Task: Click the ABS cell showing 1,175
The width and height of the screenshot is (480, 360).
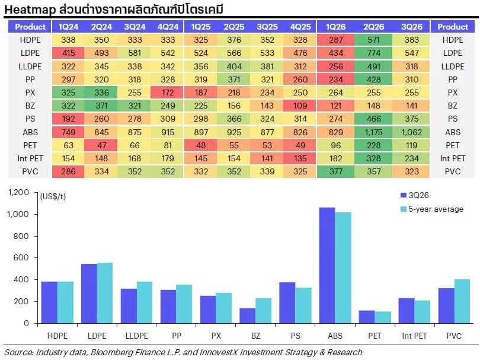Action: (373, 132)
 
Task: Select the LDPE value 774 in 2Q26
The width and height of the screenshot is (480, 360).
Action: (373, 53)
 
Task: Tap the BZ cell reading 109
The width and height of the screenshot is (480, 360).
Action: (300, 106)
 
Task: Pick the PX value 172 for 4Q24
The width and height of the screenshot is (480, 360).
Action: (168, 93)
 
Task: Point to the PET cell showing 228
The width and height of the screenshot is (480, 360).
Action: (373, 145)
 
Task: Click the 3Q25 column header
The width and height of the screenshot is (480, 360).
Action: (267, 27)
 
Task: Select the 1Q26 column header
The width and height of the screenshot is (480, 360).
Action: (335, 27)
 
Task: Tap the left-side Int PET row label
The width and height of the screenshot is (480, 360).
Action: (30, 158)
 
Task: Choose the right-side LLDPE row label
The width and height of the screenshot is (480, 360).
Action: (453, 66)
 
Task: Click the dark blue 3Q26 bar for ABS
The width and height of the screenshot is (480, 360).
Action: (327, 265)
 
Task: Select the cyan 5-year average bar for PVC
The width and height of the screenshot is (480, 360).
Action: (462, 301)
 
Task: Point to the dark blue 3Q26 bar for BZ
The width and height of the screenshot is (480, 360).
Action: (247, 316)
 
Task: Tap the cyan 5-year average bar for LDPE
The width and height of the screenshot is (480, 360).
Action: (105, 293)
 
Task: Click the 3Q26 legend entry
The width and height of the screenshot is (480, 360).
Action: (414, 195)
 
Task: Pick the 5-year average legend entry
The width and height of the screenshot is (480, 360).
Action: (432, 209)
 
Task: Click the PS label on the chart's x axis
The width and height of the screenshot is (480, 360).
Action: (296, 336)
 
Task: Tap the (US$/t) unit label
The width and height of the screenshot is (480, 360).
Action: (53, 196)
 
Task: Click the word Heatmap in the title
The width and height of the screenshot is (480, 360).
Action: (30, 10)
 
